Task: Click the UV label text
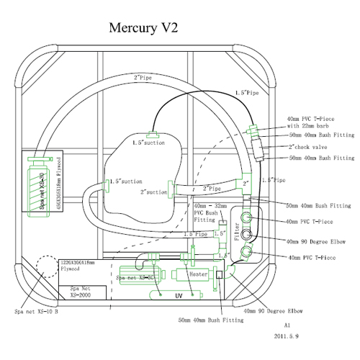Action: [x=178, y=295]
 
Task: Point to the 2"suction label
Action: [x=153, y=193]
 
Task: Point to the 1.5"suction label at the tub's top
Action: [x=149, y=143]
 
